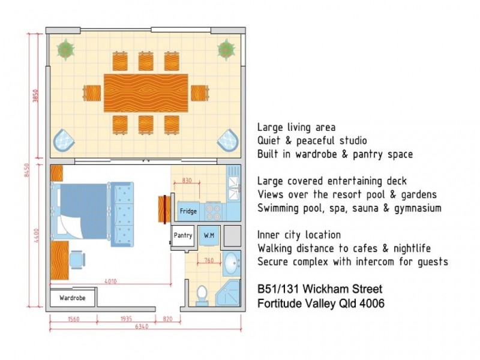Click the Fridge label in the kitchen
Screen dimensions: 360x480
[x=188, y=211]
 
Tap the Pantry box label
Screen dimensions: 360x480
[x=182, y=235]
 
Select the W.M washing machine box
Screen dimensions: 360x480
[x=209, y=235]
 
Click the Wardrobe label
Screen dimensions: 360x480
[x=72, y=298]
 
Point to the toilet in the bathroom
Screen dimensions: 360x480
[x=202, y=295]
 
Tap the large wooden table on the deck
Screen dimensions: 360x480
[x=146, y=92]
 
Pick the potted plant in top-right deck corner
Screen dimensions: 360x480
[x=226, y=49]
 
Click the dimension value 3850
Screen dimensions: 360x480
[x=35, y=97]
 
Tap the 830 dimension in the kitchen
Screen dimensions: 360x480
[x=187, y=180]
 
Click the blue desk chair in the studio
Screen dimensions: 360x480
[x=76, y=259]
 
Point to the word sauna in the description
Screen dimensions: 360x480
[x=372, y=208]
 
